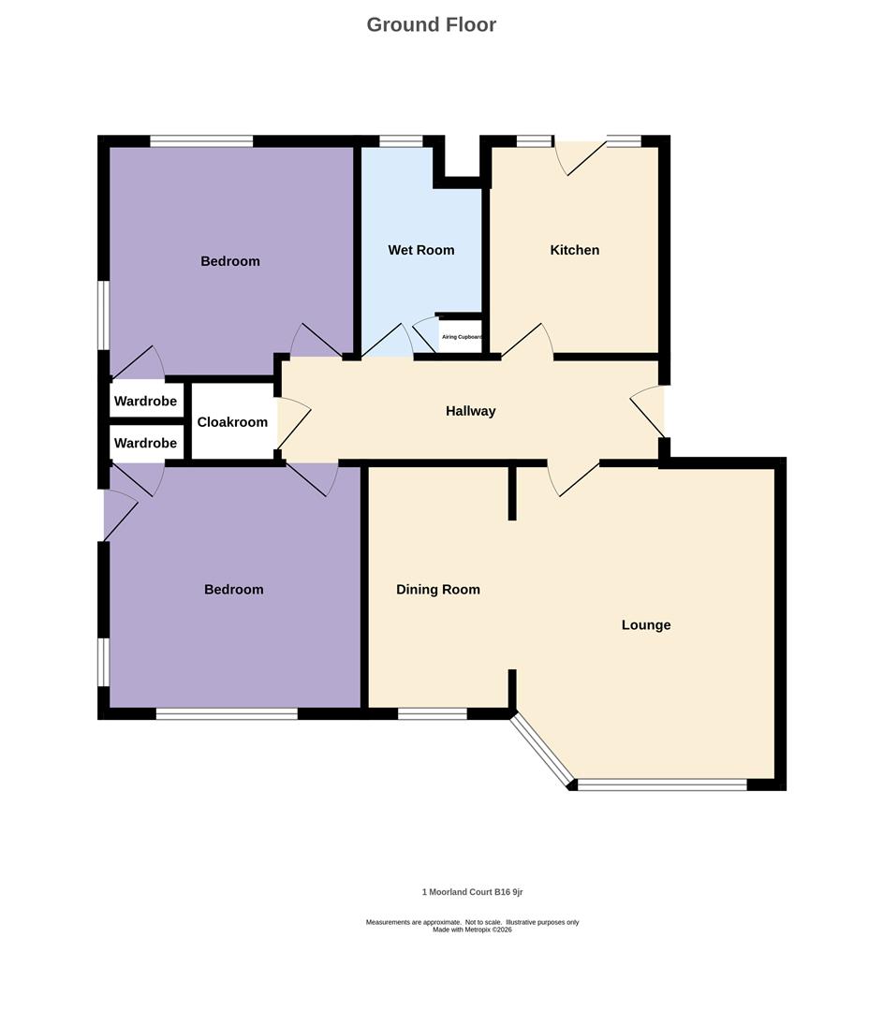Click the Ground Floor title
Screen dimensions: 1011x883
coord(431,24)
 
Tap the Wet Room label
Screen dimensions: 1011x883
coord(421,250)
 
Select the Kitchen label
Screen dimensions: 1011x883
coord(574,250)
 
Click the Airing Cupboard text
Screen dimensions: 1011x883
coord(462,337)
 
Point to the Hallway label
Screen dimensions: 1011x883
coord(470,411)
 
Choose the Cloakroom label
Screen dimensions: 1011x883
coord(232,422)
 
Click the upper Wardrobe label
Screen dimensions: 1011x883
coord(145,402)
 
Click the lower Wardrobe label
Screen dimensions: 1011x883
coord(145,443)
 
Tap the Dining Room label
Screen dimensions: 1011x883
coord(437,590)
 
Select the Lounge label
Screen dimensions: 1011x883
coord(646,625)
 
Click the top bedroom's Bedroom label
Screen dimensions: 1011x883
coord(230,261)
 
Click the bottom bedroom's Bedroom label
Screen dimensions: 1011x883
coord(233,590)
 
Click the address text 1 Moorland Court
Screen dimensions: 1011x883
coord(472,892)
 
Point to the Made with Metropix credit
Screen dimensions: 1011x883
coord(472,930)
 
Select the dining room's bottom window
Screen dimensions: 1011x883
coord(432,714)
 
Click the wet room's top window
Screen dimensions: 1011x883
coord(401,141)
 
